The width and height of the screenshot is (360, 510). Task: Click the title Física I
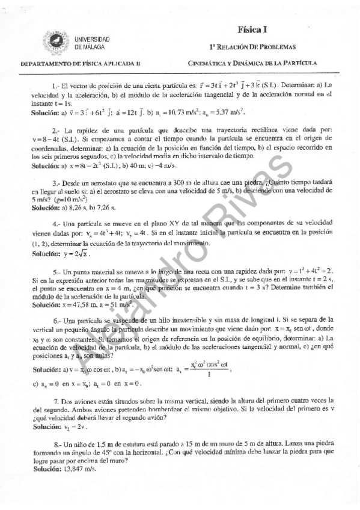tap(252, 28)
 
